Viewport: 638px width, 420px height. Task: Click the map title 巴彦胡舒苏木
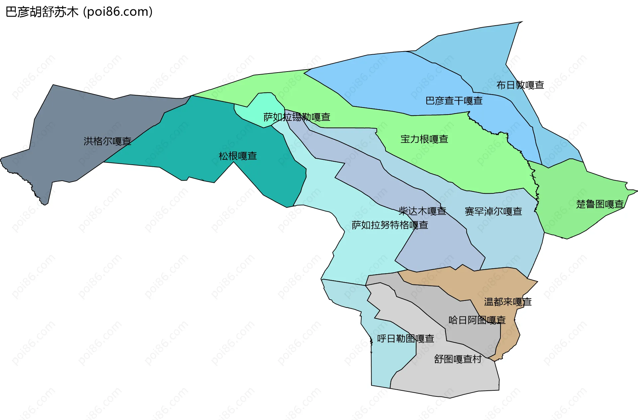click(x=42, y=12)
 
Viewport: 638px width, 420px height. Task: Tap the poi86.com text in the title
click(x=118, y=12)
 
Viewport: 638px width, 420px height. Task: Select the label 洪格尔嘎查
click(x=107, y=141)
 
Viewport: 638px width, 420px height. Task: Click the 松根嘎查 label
click(x=238, y=156)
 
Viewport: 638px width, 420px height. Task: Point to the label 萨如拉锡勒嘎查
click(x=297, y=117)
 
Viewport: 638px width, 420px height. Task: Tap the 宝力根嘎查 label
click(x=424, y=139)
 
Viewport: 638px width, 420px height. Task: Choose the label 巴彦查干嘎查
click(x=454, y=101)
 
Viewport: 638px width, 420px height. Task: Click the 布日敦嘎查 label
click(x=520, y=85)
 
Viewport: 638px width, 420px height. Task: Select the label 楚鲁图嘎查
click(x=600, y=204)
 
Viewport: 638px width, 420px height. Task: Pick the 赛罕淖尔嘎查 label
click(x=493, y=211)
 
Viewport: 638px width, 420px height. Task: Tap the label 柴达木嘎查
click(x=422, y=211)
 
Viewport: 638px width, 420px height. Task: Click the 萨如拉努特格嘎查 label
click(x=390, y=225)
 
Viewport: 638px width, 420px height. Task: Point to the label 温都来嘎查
click(x=508, y=302)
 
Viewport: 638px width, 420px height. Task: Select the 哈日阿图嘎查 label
click(x=477, y=320)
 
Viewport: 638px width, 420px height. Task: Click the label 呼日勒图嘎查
click(x=405, y=339)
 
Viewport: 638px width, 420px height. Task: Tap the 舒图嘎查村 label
click(x=458, y=359)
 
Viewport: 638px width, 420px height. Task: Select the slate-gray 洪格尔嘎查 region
click(x=66, y=126)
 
